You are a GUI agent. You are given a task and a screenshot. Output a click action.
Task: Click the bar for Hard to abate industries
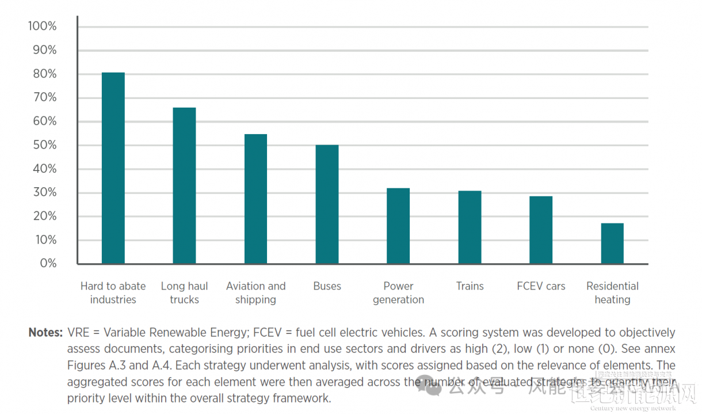(113, 168)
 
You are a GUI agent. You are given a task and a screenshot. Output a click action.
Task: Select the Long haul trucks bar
(184, 185)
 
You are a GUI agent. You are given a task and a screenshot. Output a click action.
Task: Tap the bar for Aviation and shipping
(255, 199)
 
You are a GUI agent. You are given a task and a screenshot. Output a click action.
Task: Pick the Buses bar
(327, 204)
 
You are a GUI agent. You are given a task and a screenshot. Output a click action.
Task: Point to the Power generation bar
(398, 226)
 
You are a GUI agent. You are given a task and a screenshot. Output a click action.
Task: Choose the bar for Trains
(470, 227)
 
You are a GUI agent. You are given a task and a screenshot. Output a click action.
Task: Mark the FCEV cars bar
(541, 230)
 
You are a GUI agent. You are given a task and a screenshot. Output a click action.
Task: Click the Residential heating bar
(612, 243)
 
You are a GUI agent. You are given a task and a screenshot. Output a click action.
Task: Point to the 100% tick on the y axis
(42, 26)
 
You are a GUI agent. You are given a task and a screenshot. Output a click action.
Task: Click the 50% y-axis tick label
(44, 145)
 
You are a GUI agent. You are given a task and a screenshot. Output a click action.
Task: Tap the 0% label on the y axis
(47, 263)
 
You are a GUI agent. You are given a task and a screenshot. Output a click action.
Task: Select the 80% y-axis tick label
(44, 74)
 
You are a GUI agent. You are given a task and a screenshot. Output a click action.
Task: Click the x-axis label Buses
(327, 286)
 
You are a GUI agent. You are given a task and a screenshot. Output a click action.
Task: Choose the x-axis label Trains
(470, 286)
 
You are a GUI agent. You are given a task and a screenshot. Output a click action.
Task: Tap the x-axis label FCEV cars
(541, 286)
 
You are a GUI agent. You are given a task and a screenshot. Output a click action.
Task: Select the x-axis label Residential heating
(612, 293)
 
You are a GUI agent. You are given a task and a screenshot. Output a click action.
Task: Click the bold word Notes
(45, 332)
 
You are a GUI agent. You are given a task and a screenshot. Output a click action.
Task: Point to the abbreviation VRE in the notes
(78, 332)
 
